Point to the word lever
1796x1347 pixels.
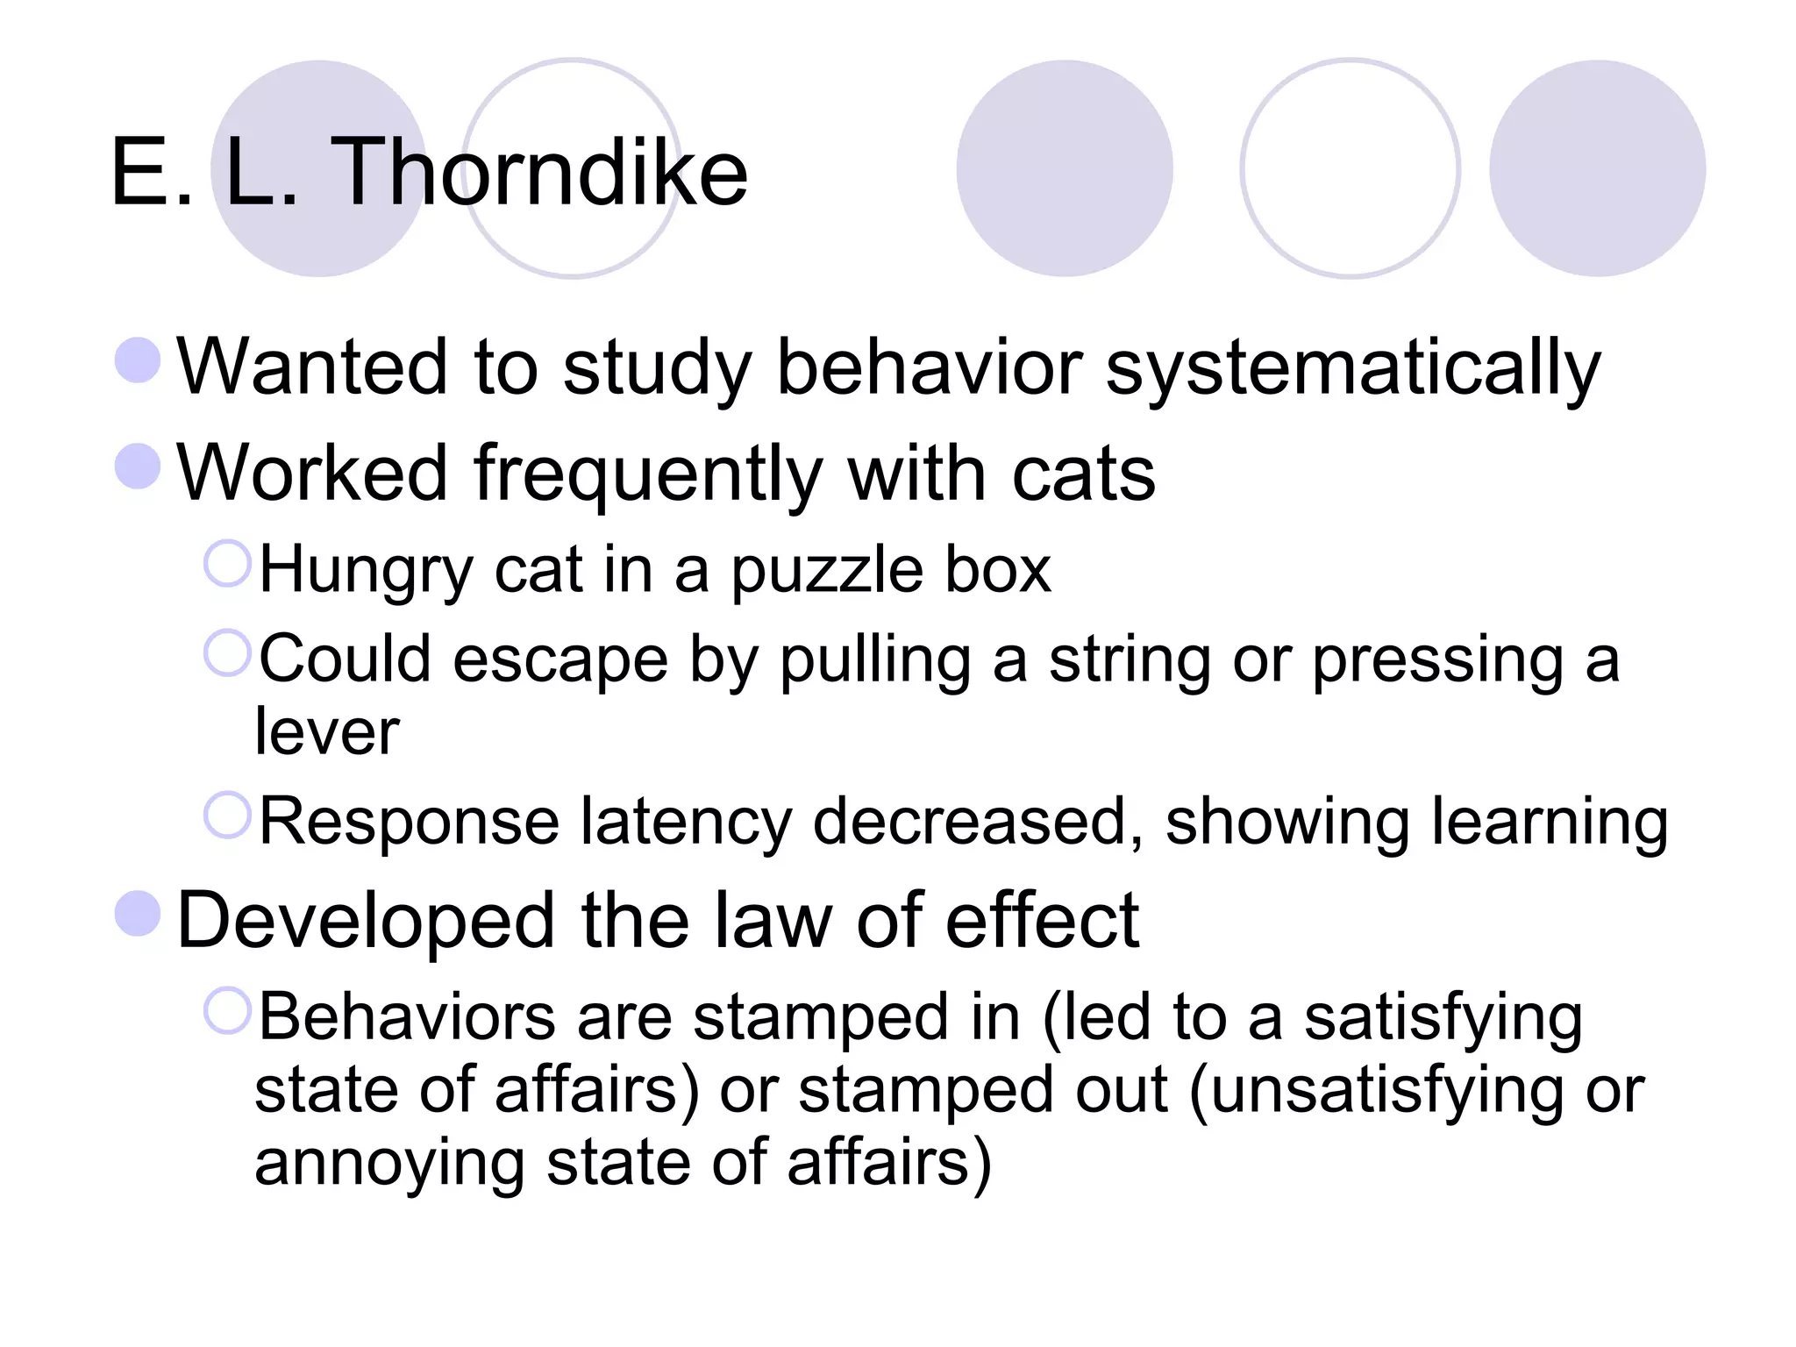327,731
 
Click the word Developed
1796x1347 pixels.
367,921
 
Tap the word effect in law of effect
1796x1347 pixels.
1043,921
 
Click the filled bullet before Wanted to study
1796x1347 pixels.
138,360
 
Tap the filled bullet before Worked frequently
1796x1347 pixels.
138,466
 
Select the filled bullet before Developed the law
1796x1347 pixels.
138,914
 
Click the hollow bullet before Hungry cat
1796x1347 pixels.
227,563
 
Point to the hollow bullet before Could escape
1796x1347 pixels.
227,652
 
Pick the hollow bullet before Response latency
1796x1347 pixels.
227,815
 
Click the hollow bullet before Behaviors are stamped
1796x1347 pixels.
227,1010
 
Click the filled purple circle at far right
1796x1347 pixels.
1597,168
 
